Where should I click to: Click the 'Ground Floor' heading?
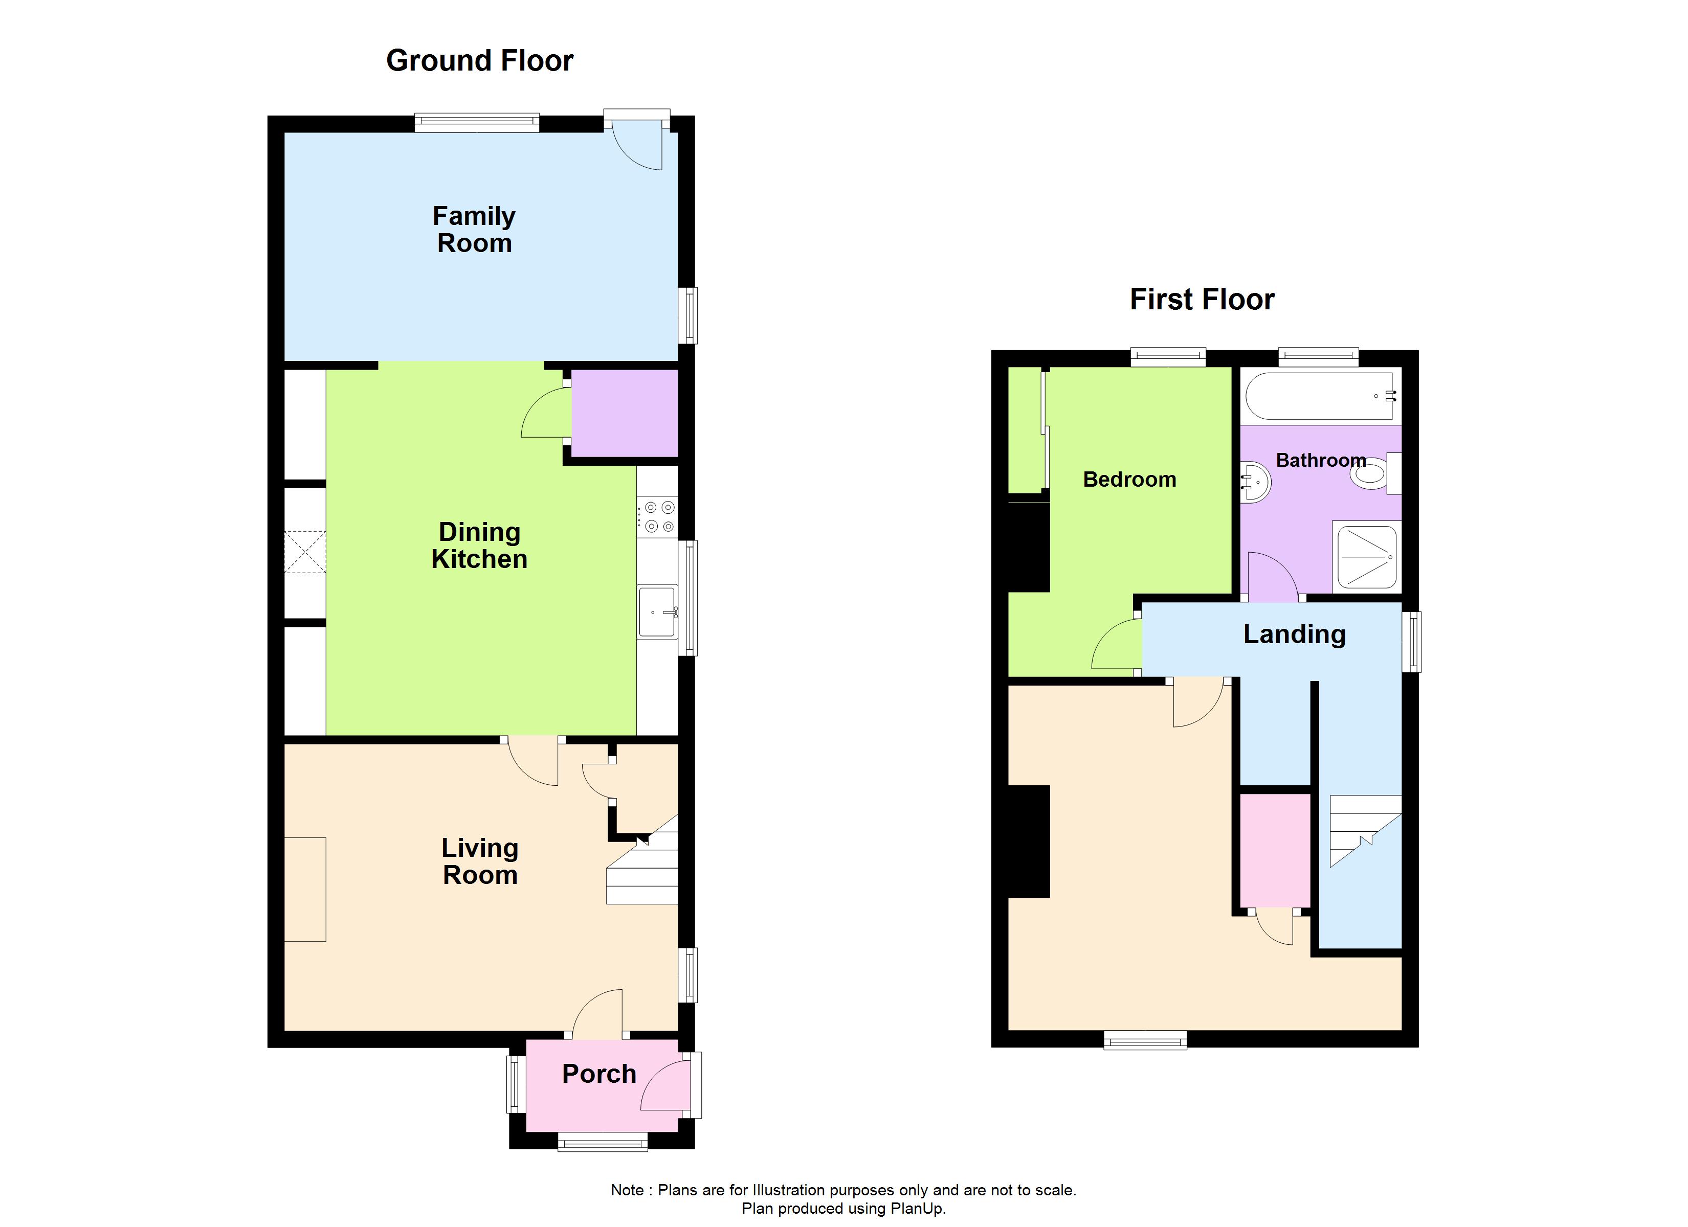tap(479, 61)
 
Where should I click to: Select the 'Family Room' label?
tap(474, 230)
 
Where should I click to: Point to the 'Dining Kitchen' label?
tap(479, 546)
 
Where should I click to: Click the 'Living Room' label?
tap(480, 861)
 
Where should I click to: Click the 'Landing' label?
tap(1294, 634)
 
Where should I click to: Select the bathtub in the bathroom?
tap(1319, 396)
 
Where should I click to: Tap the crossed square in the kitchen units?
tap(305, 552)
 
